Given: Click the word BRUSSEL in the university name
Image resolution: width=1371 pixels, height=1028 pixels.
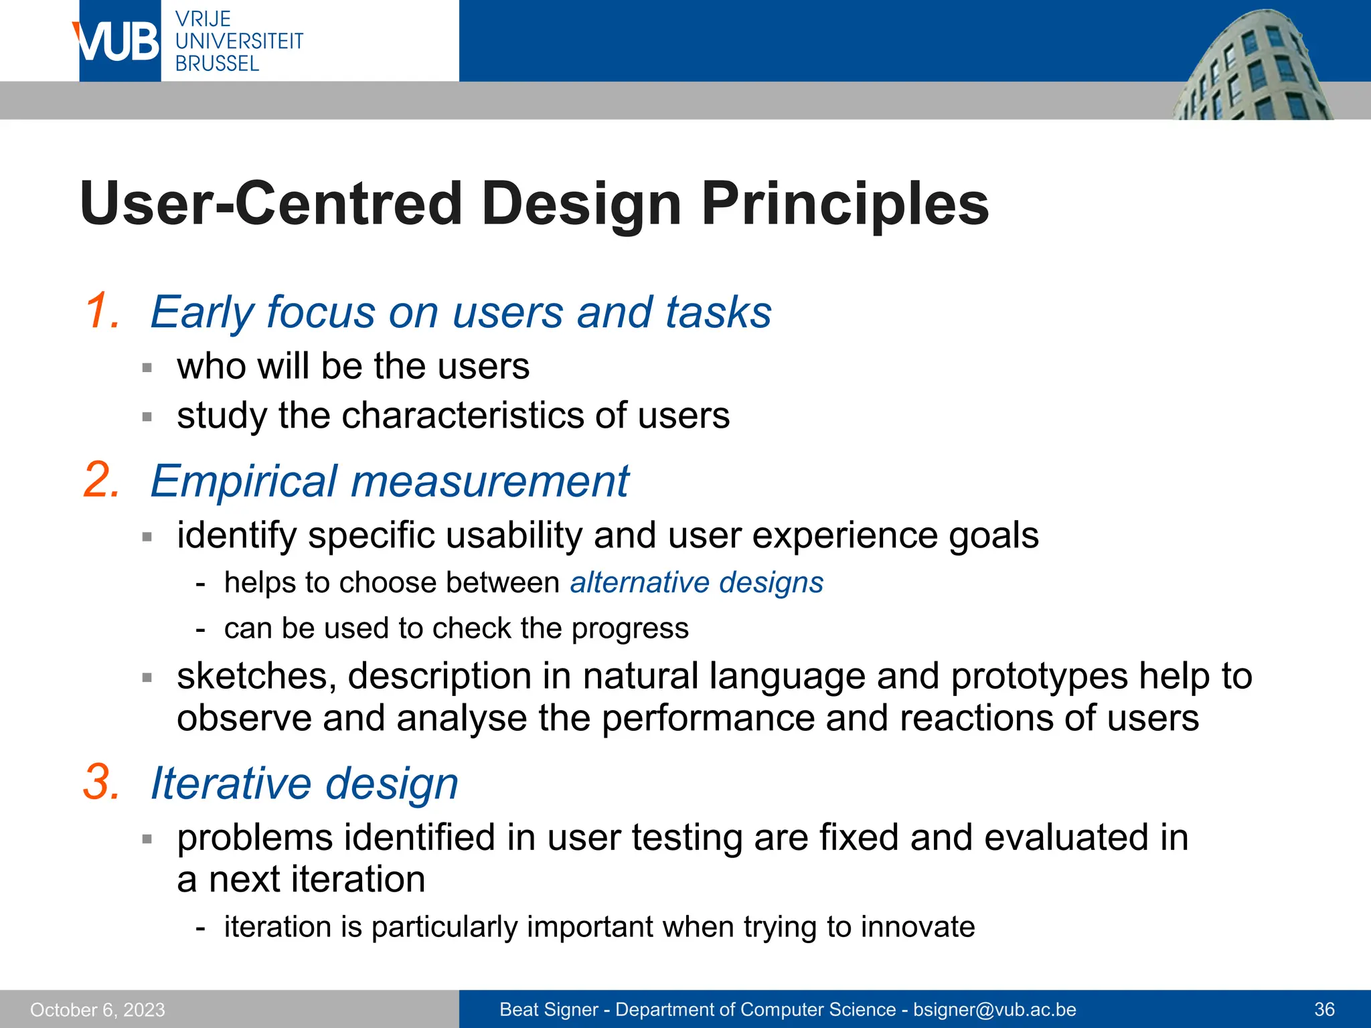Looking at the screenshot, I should pyautogui.click(x=217, y=64).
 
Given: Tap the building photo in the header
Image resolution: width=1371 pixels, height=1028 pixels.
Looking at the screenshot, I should pyautogui.click(x=1252, y=67).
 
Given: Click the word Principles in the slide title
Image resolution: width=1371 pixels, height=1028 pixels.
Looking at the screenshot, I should pyautogui.click(x=845, y=204).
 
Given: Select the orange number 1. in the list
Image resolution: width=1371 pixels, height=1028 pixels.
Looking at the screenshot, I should pyautogui.click(x=102, y=311).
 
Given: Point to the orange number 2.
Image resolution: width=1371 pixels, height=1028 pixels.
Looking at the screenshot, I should pyautogui.click(x=102, y=480).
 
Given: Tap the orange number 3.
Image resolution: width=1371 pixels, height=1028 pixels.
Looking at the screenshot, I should pyautogui.click(x=102, y=782).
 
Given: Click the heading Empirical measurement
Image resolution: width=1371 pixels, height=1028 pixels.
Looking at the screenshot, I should pyautogui.click(x=389, y=481).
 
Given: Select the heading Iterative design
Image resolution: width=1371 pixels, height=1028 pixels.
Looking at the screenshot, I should pyautogui.click(x=304, y=784).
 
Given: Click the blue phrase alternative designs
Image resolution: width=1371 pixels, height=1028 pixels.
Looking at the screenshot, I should pyautogui.click(x=696, y=582).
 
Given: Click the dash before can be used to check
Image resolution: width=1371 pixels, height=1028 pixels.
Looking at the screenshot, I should pyautogui.click(x=200, y=629).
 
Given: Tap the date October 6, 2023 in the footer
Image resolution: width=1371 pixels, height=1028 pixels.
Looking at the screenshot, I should pyautogui.click(x=98, y=1010).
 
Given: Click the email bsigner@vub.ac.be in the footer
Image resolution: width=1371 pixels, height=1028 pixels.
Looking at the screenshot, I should pyautogui.click(x=994, y=1010).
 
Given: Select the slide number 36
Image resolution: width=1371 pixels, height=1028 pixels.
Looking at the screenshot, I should pyautogui.click(x=1324, y=1010).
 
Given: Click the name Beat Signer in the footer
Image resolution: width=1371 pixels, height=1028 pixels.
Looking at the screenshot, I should pyautogui.click(x=548, y=1010).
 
